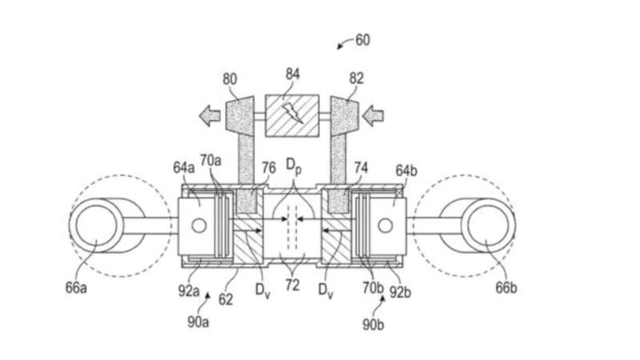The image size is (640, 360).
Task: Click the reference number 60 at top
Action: [x=362, y=40]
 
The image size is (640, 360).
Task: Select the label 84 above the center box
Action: [x=293, y=74]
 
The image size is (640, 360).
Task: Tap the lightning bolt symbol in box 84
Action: [x=293, y=113]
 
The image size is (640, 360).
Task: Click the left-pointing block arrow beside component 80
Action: [x=210, y=115]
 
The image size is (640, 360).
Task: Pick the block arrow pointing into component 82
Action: [x=373, y=115]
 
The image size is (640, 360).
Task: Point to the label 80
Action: [x=230, y=78]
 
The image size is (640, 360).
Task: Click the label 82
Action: [x=356, y=78]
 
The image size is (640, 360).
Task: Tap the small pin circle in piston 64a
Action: [x=198, y=226]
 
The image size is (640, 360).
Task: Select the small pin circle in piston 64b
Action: [x=386, y=226]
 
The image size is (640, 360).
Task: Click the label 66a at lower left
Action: [x=76, y=288]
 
